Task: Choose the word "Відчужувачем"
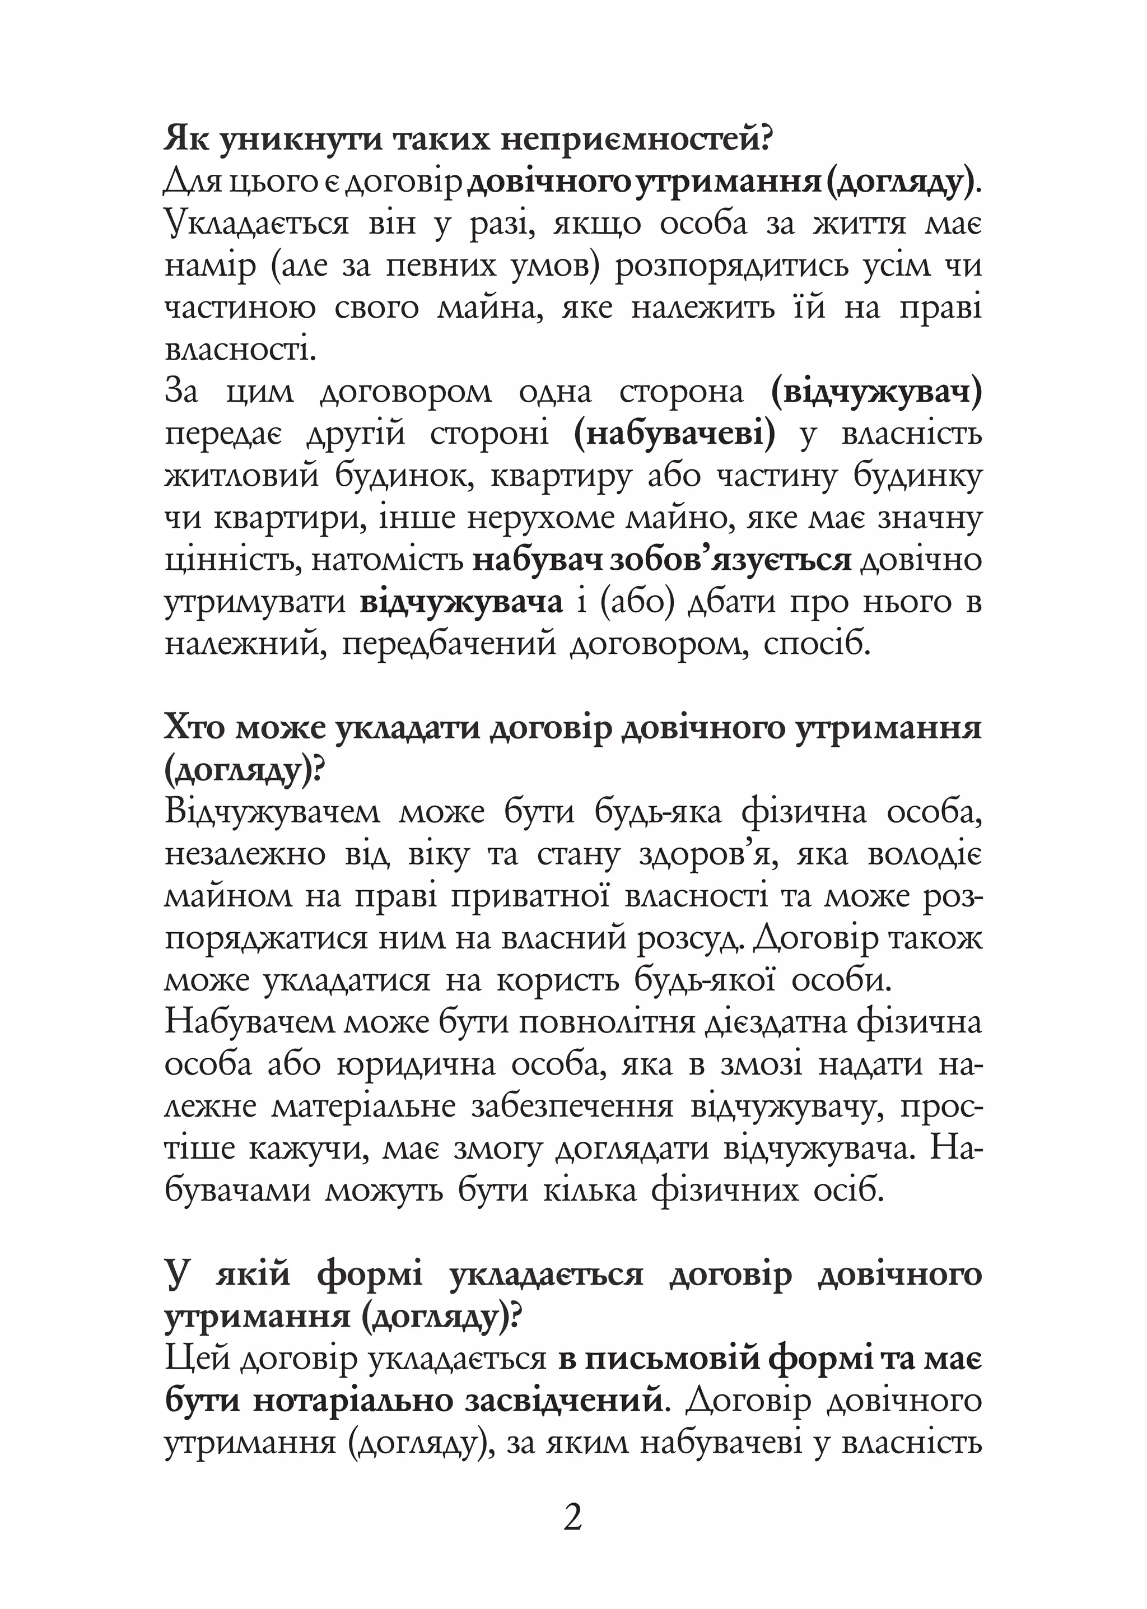tap(272, 812)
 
